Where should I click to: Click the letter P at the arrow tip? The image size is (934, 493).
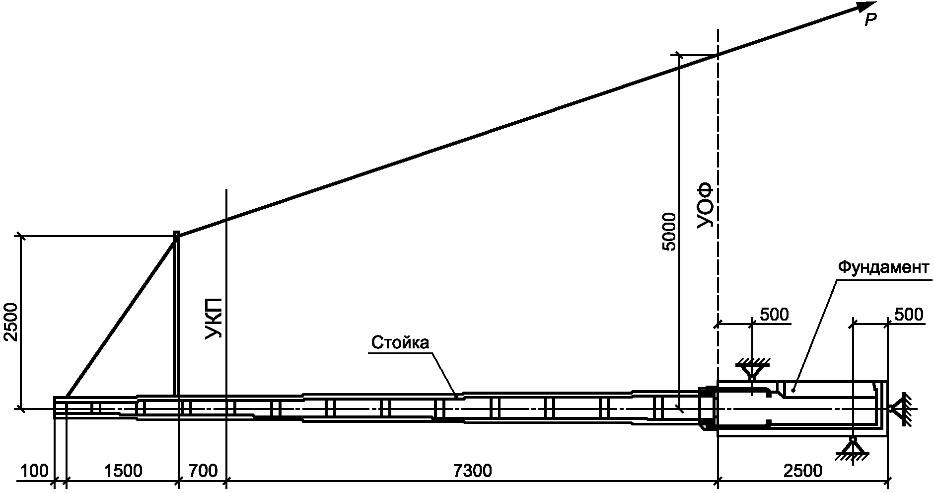[870, 20]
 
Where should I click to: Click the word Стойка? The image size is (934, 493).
[400, 343]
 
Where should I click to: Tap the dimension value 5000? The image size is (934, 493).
[669, 232]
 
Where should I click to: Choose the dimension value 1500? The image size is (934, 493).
[123, 471]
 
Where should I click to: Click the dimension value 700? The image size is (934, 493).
[203, 471]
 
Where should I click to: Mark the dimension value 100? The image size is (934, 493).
[35, 471]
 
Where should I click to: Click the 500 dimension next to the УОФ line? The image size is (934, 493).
[774, 315]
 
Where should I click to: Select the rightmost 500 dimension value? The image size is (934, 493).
[909, 315]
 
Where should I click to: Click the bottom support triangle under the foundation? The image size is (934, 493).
[852, 446]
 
